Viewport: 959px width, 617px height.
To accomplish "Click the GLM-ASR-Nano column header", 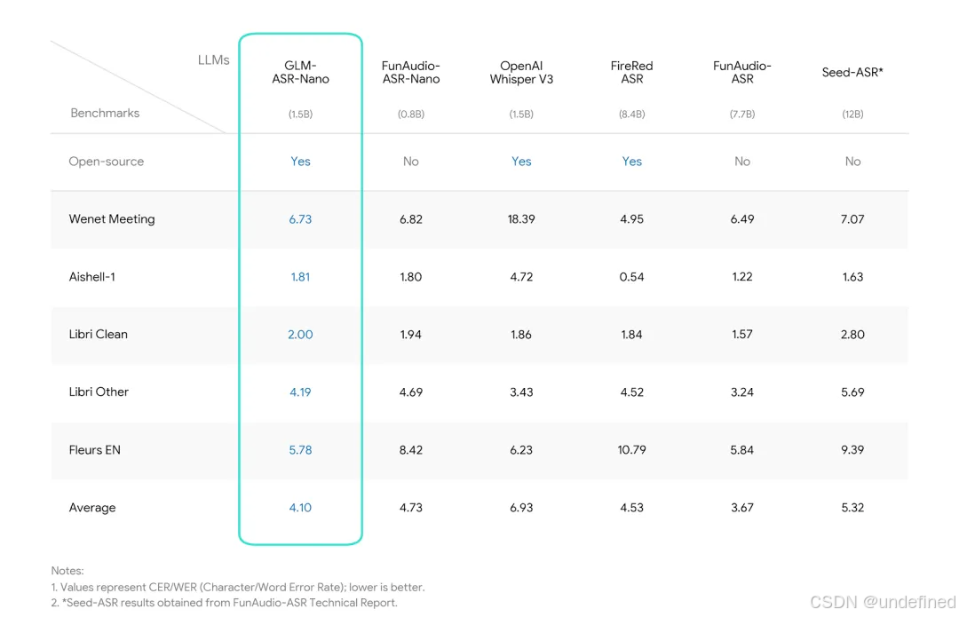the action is (x=300, y=72).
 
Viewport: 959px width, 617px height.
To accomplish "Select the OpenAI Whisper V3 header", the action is (x=521, y=72).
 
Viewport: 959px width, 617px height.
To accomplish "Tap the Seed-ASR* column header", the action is (x=852, y=72).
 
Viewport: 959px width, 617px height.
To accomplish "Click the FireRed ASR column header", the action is (x=632, y=72).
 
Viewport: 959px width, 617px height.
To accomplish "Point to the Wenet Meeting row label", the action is (x=112, y=219).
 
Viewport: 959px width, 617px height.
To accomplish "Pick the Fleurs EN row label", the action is (x=95, y=450).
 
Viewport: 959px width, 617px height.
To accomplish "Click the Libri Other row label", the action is (x=99, y=392).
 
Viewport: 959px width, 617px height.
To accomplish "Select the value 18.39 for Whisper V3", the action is (x=521, y=219).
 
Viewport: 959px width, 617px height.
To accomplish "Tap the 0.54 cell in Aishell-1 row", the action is (x=632, y=277).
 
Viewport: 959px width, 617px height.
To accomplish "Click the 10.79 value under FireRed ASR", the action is (x=632, y=450).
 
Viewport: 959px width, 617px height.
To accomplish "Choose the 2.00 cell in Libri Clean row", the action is (x=300, y=335).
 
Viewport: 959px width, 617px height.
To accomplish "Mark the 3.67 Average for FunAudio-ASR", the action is (x=741, y=508).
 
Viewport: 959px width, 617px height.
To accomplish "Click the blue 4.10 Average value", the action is (x=300, y=508).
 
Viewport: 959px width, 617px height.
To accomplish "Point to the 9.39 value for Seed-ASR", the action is (x=852, y=450).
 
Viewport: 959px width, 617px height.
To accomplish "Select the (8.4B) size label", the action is (x=632, y=115).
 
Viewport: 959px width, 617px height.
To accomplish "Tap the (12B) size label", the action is (x=852, y=115).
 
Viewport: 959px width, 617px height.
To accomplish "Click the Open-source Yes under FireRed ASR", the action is (x=632, y=162).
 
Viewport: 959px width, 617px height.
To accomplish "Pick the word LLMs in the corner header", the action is (x=213, y=60).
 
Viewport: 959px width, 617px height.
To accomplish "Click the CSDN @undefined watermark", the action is (x=883, y=602).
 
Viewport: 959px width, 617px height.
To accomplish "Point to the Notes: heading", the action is (x=67, y=571).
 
